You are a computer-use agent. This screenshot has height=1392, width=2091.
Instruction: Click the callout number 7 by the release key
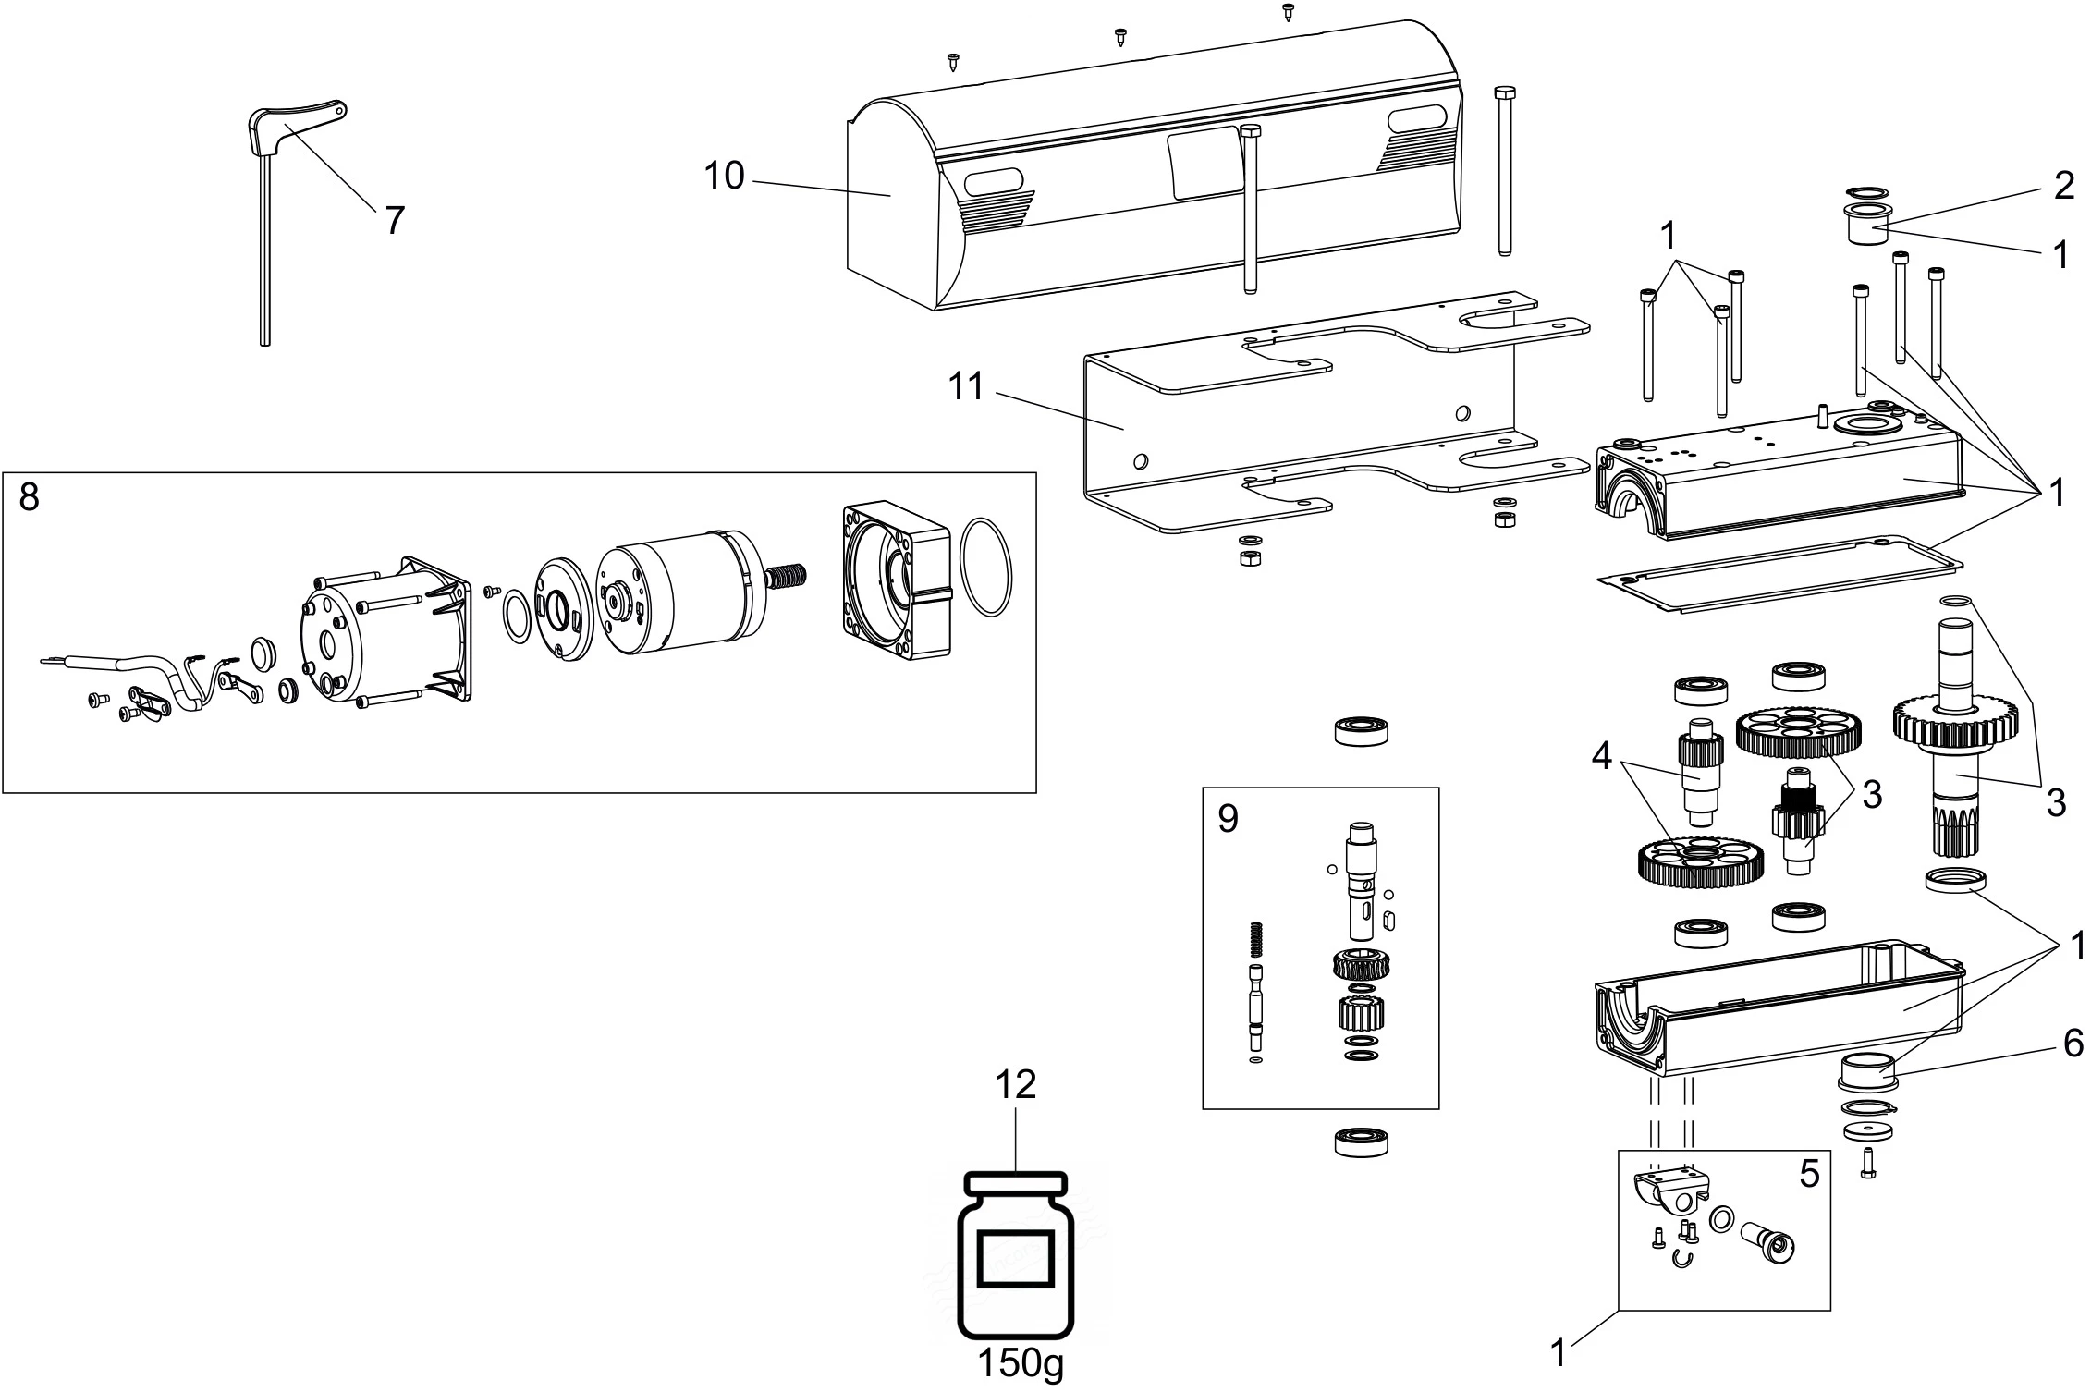point(395,221)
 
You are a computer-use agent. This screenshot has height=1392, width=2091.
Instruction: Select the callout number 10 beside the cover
point(724,176)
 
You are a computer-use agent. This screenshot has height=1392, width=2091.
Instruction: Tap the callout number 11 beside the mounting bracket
point(966,386)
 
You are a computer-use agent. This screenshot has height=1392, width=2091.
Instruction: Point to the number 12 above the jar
point(1015,1084)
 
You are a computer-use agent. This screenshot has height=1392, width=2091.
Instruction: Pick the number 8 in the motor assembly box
point(30,497)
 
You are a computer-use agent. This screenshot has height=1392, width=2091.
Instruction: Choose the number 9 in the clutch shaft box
point(1228,818)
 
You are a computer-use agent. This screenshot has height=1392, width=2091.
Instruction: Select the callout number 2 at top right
point(2064,186)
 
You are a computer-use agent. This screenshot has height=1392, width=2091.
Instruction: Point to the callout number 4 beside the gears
point(1601,756)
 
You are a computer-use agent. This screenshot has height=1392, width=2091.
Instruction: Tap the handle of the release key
point(298,121)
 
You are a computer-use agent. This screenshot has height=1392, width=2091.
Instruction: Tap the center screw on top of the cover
point(1121,37)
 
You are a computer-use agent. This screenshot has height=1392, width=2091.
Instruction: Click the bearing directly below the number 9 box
point(1363,1141)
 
